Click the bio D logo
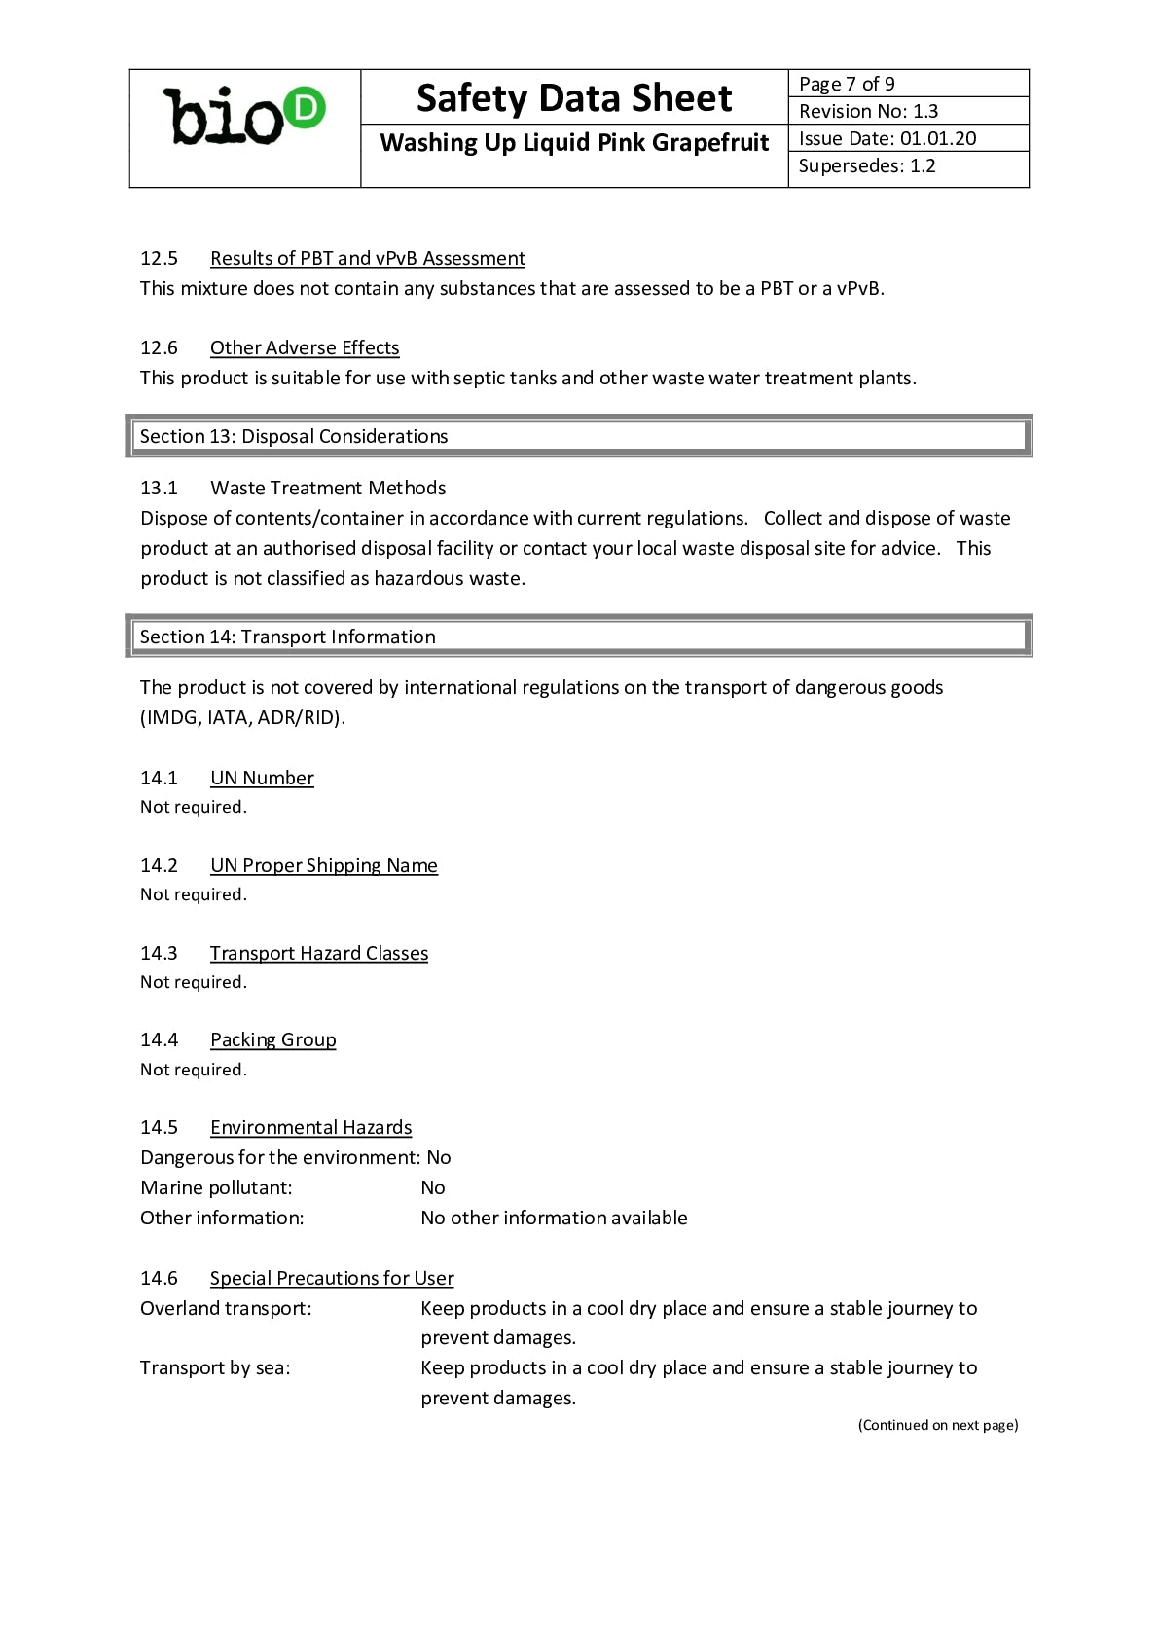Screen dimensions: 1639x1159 coord(244,117)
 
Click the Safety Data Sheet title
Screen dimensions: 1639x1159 coord(574,98)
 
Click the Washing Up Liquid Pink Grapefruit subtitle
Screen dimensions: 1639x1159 coord(574,143)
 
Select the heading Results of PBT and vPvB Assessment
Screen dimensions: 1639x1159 coord(367,258)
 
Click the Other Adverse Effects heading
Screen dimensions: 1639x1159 coord(305,347)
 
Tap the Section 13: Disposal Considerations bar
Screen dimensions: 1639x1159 coord(578,436)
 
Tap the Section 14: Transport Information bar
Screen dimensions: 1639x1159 coord(578,637)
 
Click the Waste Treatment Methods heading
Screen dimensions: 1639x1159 coord(328,488)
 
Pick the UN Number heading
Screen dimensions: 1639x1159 coord(262,778)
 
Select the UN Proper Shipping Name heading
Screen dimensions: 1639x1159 coord(323,865)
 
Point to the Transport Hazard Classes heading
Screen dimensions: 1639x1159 coord(318,953)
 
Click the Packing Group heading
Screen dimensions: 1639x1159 coord(272,1039)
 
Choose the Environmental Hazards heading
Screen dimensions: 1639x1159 coord(310,1127)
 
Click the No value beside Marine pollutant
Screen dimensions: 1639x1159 coord(433,1187)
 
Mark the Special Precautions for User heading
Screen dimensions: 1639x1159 coord(332,1278)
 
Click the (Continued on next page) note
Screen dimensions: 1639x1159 coord(938,1425)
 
